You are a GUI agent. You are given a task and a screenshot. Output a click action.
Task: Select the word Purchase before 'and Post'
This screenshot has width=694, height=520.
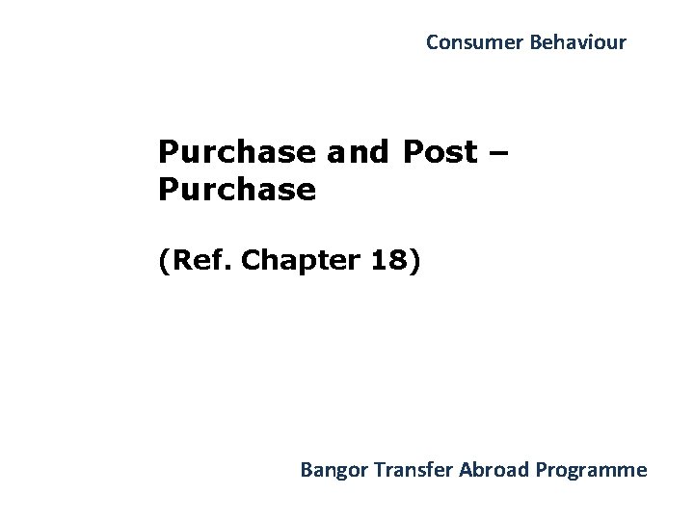[x=236, y=152]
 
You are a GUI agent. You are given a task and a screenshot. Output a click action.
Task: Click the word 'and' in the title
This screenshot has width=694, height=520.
[x=355, y=152]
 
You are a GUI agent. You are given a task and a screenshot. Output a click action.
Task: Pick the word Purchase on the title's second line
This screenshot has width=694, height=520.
[x=236, y=190]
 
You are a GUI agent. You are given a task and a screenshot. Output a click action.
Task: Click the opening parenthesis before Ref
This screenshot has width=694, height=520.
[x=165, y=261]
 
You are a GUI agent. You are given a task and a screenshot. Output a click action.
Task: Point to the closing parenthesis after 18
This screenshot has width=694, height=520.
[x=414, y=261]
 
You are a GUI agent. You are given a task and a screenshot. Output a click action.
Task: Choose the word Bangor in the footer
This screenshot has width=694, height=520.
[x=331, y=471]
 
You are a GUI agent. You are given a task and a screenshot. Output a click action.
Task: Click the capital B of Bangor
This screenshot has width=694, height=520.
[x=306, y=470]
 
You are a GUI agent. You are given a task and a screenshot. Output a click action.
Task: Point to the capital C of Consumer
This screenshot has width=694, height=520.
[x=431, y=42]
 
